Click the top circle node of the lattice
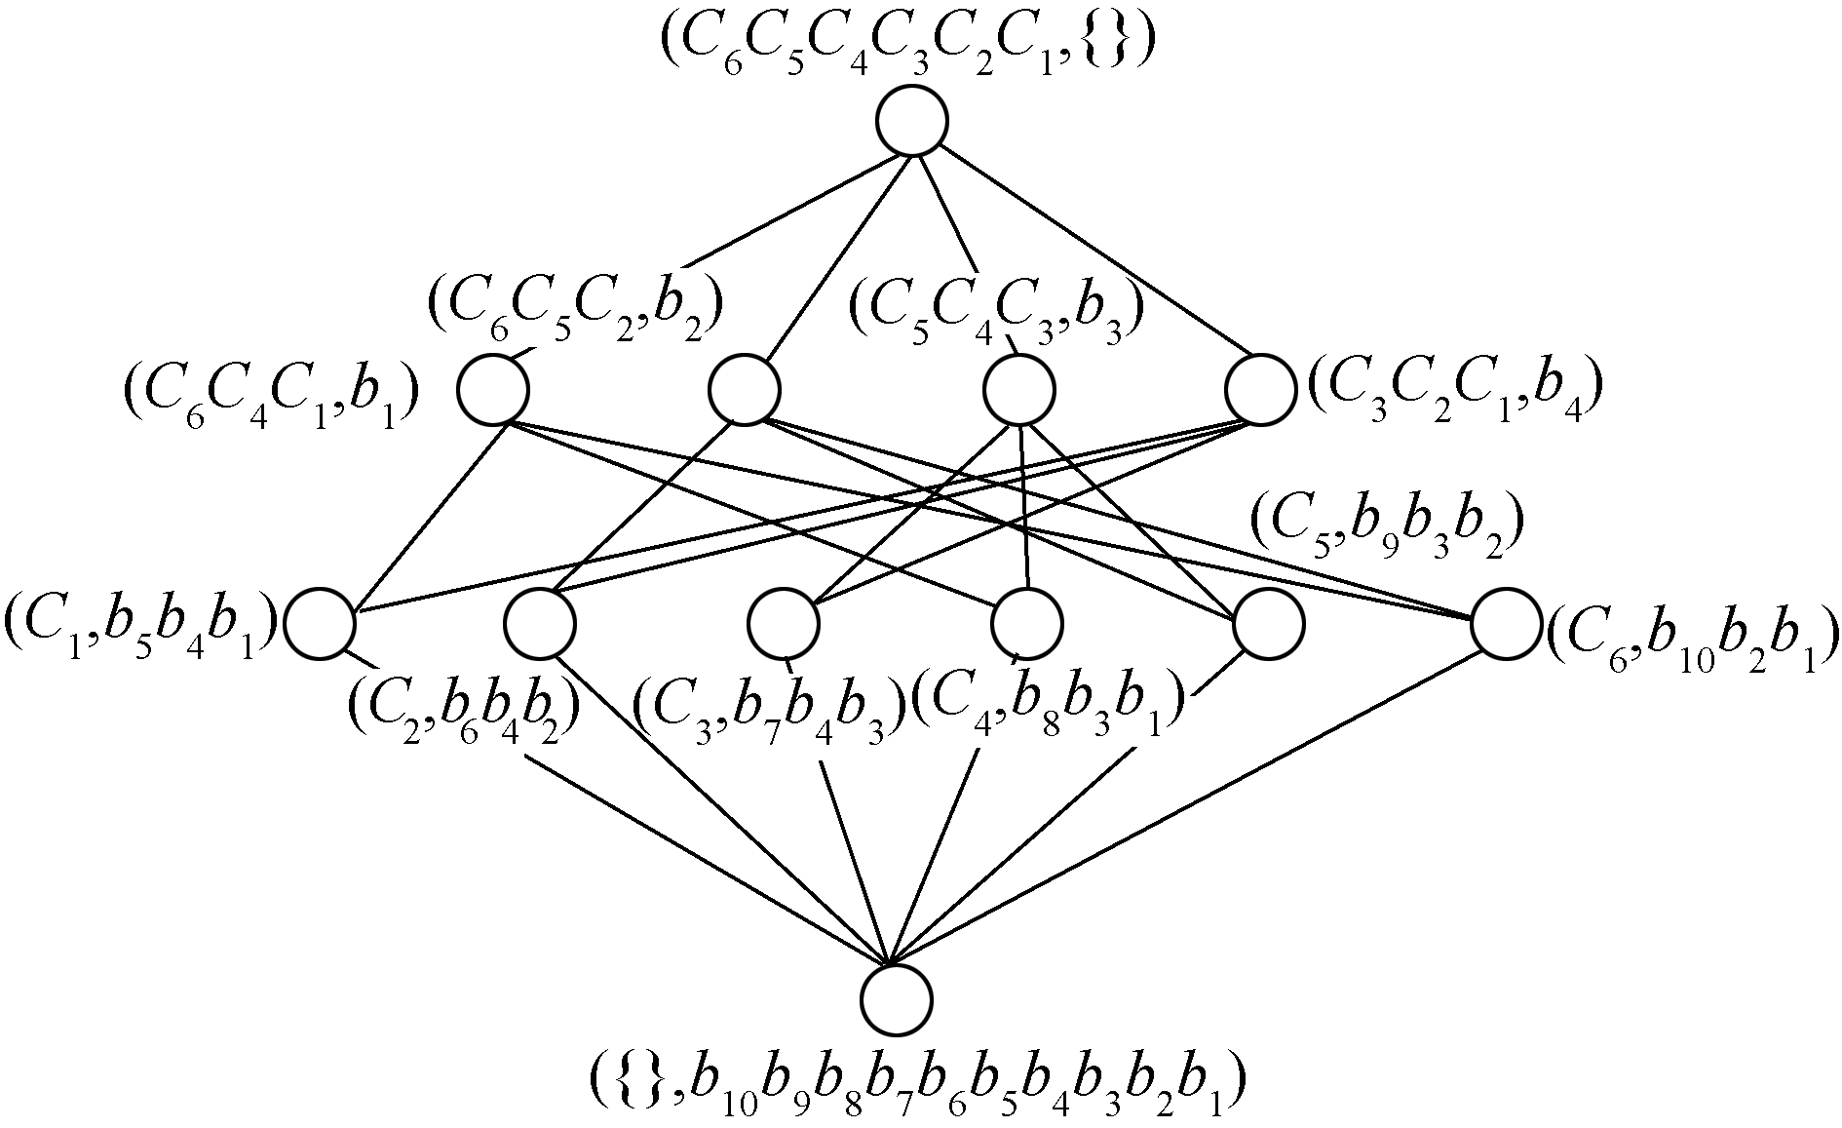pyautogui.click(x=913, y=121)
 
